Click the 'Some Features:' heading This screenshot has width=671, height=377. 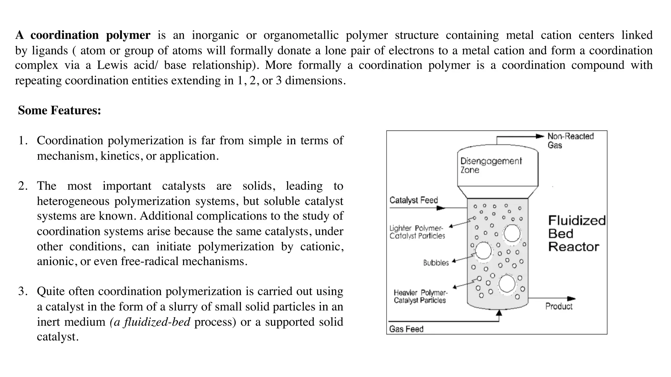pos(59,110)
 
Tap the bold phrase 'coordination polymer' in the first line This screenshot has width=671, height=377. pos(90,35)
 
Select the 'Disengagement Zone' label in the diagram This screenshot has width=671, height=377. pos(490,165)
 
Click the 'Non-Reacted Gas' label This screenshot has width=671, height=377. pos(570,140)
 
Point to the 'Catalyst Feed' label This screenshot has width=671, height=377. pos(413,200)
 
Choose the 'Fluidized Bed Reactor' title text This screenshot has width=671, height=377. pos(576,233)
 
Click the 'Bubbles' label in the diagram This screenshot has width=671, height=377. pos(436,263)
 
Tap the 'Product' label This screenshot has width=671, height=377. pos(559,306)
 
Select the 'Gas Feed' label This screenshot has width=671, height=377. pos(406,329)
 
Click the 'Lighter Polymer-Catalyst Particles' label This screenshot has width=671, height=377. pos(417,232)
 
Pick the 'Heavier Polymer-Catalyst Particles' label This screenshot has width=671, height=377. pos(420,296)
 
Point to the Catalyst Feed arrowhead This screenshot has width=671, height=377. pos(441,208)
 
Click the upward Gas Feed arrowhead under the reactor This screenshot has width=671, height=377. pos(499,313)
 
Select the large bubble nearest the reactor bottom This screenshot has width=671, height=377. pos(507,284)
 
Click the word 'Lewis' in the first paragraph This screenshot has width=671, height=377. pos(112,65)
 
